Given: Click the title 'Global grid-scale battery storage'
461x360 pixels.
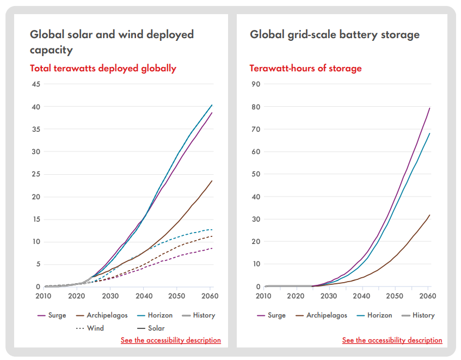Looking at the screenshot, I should coord(335,35).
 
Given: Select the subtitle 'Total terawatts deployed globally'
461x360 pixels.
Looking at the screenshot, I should coord(103,68).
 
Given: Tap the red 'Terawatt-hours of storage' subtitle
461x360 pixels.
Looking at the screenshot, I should coord(305,68).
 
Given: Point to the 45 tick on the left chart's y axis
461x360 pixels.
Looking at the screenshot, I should coord(36,84).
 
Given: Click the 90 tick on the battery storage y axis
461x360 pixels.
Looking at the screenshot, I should coord(256,84).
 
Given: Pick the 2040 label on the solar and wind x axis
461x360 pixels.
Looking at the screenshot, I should coord(144,296).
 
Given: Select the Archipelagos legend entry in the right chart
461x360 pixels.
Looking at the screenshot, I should coord(325,315).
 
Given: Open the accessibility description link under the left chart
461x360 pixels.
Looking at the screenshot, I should coord(171,340).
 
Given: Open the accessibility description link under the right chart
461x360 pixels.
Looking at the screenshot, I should coord(392,340).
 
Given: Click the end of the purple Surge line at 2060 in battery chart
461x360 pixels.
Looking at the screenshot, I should coord(429,108).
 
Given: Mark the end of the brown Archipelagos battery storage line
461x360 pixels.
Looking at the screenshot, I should coord(429,215).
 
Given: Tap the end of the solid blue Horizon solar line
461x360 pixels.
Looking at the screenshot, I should coord(212,105).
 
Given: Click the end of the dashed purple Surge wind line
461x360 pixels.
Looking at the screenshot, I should coord(212,248).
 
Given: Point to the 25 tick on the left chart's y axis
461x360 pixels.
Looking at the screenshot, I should coord(36,174).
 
